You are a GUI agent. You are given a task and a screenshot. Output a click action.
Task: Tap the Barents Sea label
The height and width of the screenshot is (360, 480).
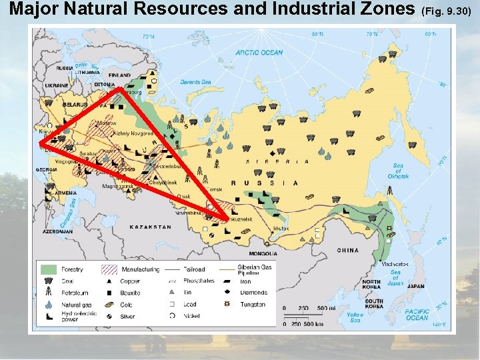point(195,82)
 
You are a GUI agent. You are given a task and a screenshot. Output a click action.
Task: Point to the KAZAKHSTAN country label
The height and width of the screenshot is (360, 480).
point(150,227)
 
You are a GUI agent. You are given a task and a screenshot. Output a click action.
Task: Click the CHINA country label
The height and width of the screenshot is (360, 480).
point(347,251)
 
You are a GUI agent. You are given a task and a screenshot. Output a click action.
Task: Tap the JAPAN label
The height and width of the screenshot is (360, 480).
point(415,287)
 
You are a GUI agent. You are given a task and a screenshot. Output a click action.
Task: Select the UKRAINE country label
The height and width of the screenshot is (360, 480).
point(57,85)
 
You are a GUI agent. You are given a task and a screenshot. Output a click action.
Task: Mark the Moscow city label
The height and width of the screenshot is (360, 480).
point(87,123)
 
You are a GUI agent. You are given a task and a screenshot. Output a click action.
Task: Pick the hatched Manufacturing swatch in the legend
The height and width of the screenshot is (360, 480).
point(109,269)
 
